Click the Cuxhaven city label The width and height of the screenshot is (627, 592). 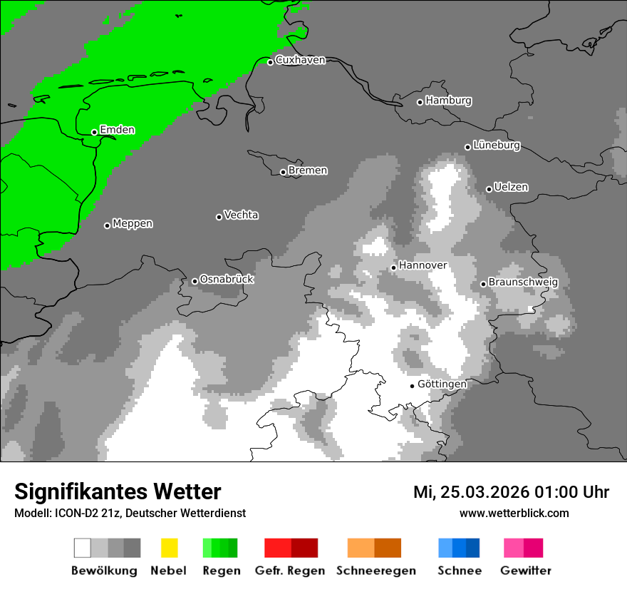point(300,60)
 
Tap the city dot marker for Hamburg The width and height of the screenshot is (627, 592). point(420,102)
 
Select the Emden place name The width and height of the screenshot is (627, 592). point(117,130)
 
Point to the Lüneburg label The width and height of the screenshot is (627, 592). point(497,145)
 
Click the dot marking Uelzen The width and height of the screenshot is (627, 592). point(489,189)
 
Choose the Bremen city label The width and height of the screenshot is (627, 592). point(308,170)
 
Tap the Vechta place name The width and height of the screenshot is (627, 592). point(241,215)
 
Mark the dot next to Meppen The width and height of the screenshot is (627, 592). point(107,225)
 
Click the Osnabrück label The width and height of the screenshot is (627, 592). point(227,279)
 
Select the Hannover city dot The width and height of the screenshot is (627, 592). point(393,267)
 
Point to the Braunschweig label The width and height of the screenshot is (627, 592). point(523,282)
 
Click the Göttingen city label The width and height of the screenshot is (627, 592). point(442,384)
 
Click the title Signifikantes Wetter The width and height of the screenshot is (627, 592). point(118,491)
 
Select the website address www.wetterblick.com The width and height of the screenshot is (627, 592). point(514,513)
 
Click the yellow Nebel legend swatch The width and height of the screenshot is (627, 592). point(169,548)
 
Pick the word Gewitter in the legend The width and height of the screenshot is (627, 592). point(525,571)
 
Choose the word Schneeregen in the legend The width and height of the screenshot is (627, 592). point(375,571)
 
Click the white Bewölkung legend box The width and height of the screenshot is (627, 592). point(82,548)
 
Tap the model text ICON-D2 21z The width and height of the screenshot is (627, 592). point(78,513)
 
